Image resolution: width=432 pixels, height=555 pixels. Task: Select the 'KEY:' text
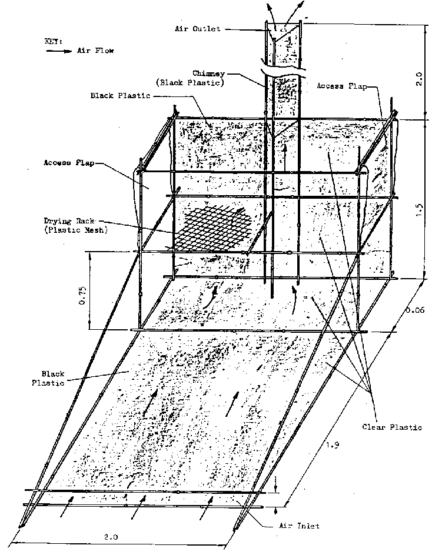[x=52, y=42]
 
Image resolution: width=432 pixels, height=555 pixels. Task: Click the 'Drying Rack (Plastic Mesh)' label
[x=74, y=225]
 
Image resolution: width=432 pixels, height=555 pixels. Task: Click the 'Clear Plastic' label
[x=391, y=427]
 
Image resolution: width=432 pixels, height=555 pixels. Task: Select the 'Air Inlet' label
[x=299, y=526]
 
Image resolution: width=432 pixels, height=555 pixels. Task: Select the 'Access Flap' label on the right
[x=341, y=86]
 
